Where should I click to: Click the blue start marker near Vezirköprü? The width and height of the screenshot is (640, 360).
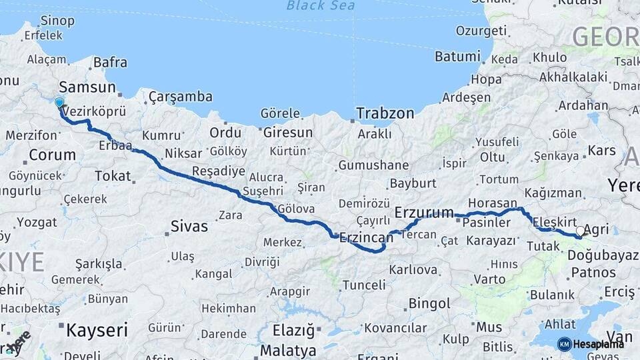point(59,103)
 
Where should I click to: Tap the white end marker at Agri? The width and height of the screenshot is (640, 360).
point(580,231)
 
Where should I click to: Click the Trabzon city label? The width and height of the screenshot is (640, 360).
point(385,113)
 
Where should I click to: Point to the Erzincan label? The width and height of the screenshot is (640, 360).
point(366,237)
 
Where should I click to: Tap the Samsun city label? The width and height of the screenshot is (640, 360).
point(87,87)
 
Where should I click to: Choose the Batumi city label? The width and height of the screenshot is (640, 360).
point(457,57)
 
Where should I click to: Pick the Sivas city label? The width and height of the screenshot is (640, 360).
point(189,226)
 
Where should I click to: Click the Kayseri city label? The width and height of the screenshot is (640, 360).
point(97,329)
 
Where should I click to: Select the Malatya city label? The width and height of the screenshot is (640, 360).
point(288,350)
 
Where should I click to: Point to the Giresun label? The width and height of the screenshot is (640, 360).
point(287,133)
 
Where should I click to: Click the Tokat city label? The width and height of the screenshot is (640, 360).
point(113,175)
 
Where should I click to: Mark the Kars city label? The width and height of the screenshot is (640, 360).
point(601,151)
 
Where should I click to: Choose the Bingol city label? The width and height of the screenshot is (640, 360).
point(429,304)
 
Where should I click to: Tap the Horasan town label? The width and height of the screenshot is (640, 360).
point(492,203)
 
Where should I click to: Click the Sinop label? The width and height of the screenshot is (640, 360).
point(57,21)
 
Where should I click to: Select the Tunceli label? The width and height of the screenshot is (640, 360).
point(363,285)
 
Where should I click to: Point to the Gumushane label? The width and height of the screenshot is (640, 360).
point(373,165)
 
